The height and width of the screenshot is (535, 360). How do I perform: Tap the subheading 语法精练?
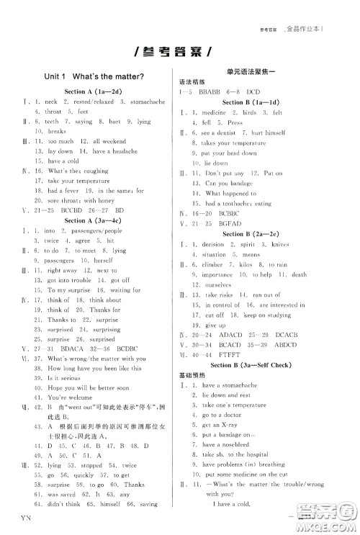[193, 82]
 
